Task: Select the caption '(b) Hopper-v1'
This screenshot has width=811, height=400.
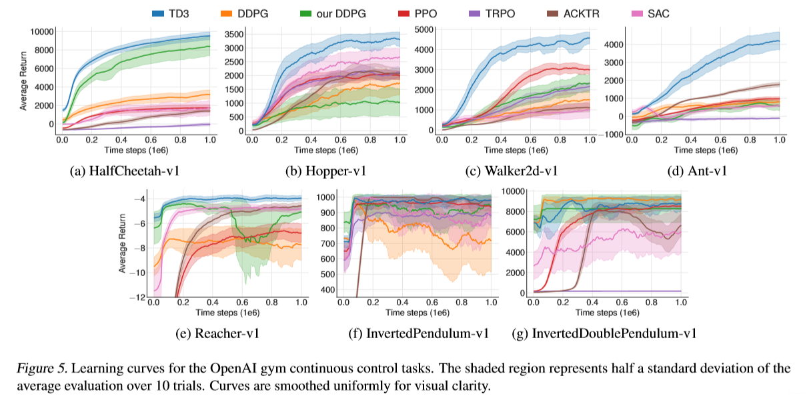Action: point(325,171)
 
